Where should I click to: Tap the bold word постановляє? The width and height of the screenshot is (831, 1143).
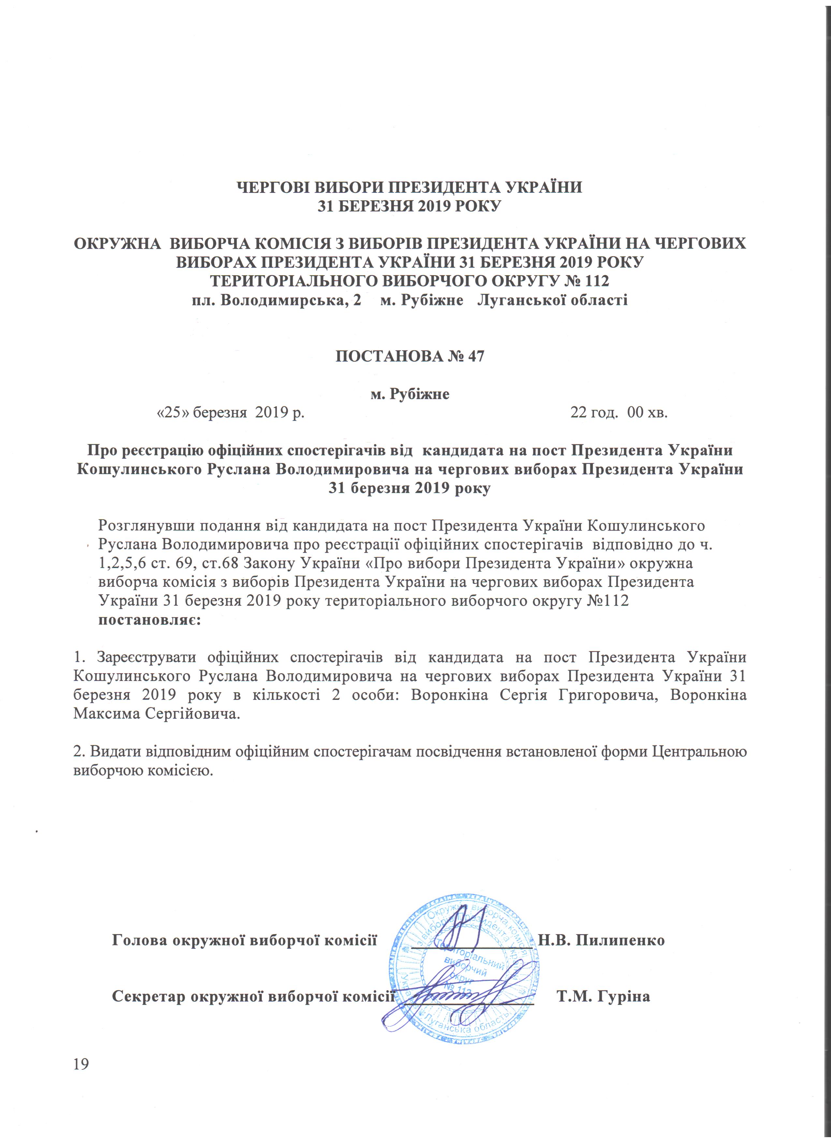[150, 620]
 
